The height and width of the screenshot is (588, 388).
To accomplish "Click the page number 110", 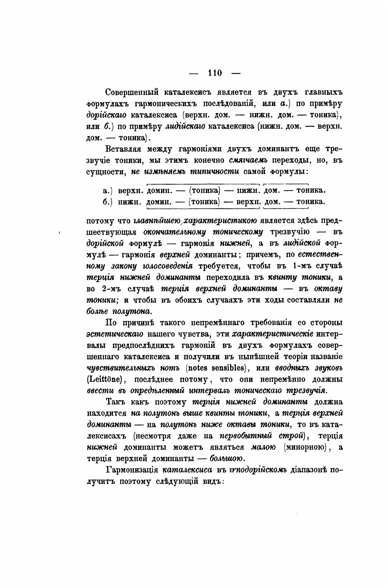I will pos(215,73).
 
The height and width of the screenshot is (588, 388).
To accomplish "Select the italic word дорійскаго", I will pos(107,115).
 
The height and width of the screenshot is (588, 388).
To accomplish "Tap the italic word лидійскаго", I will pos(185,127).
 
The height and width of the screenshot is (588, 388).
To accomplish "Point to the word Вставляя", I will pos(123,149).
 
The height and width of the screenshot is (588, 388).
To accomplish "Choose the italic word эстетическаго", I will pos(115,334).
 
